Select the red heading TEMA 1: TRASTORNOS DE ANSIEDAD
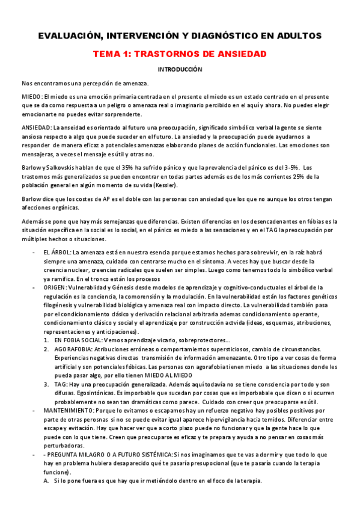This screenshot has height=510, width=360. pos(180,54)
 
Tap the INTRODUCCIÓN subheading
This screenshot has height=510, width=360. pos(180,69)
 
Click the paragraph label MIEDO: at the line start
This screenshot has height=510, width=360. pos(32,96)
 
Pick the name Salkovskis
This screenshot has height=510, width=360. pos(70,167)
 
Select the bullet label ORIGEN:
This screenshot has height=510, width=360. pos(55,288)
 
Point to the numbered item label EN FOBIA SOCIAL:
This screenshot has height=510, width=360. pos(78,340)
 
